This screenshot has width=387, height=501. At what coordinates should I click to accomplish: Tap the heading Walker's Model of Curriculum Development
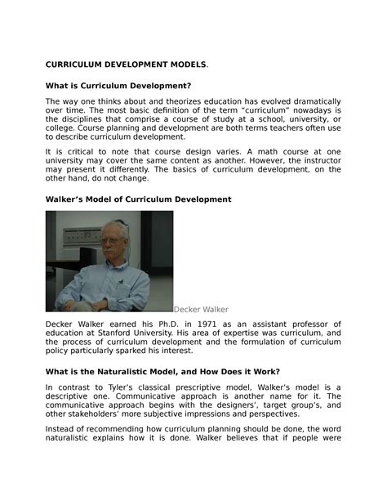pyautogui.click(x=138, y=199)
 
